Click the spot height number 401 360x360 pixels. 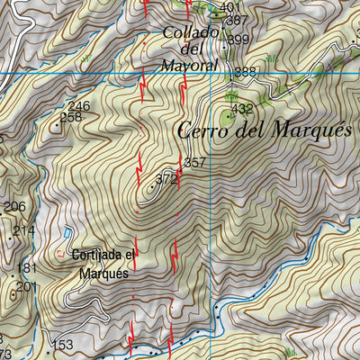(x=230, y=8)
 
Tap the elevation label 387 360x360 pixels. (x=237, y=20)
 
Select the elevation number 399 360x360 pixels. (x=238, y=40)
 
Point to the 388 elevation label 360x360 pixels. (x=245, y=72)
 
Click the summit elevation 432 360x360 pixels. (x=242, y=110)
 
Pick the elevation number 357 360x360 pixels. (x=194, y=163)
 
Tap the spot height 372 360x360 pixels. (x=166, y=179)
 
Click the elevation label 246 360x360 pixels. (x=79, y=106)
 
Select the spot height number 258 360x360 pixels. (x=70, y=117)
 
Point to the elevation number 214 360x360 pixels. (x=23, y=230)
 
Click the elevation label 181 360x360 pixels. (x=27, y=268)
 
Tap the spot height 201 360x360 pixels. (x=27, y=286)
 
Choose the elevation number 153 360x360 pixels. (x=62, y=345)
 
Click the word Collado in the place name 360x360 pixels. (x=191, y=33)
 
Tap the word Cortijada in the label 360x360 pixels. (x=102, y=256)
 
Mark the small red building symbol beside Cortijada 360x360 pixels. (x=61, y=252)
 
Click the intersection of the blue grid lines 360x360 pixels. (x=211, y=73)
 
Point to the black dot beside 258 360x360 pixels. (x=57, y=126)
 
